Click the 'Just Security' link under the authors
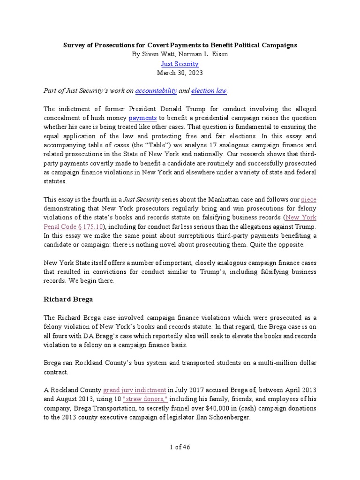180,64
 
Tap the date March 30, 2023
180,73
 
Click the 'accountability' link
156,91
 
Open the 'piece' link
308,200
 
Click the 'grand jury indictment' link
135,390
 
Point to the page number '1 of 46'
180,447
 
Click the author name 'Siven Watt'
158,54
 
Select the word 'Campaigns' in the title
280,45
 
